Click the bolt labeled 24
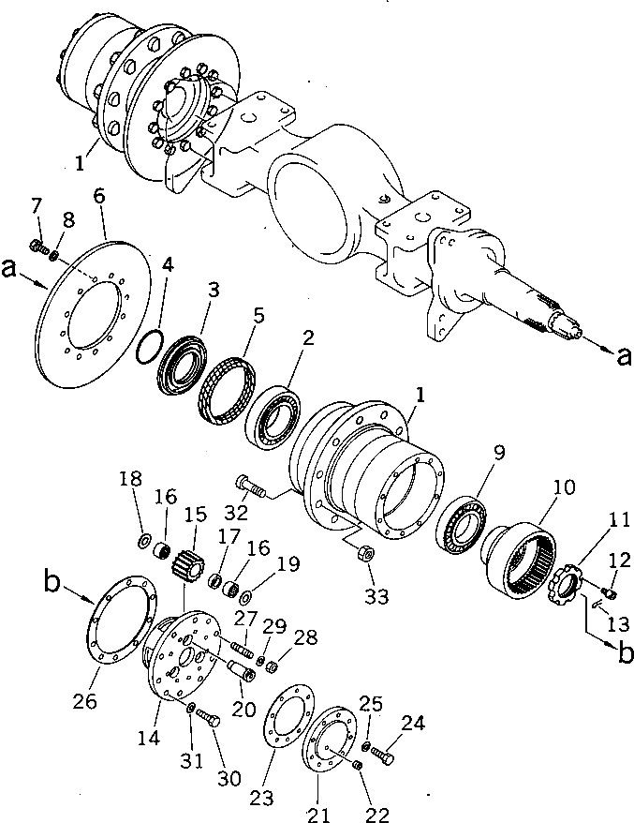tap(385, 750)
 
